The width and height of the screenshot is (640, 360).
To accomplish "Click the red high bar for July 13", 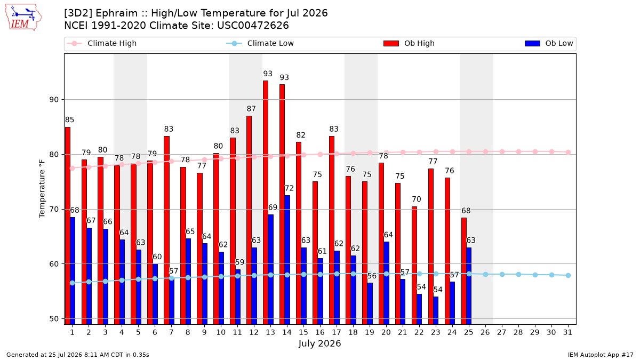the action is tap(266, 203).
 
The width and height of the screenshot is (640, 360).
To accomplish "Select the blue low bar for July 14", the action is tap(287, 260).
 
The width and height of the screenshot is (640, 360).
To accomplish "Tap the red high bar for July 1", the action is tap(67, 226).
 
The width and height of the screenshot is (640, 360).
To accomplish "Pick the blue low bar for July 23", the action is tap(436, 310).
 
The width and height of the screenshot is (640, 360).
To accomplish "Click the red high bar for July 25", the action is tap(463, 271).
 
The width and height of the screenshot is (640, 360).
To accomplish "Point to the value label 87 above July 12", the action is tap(251, 109).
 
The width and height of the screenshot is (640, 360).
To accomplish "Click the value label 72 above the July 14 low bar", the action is tap(289, 188).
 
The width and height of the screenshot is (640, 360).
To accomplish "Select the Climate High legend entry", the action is tap(101, 43).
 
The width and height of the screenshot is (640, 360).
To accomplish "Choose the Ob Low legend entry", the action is tap(549, 43).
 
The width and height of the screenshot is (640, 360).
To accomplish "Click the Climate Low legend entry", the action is tap(260, 43).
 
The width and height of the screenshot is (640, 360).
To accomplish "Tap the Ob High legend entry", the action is tap(409, 43).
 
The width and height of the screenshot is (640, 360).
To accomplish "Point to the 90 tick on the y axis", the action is tap(53, 100).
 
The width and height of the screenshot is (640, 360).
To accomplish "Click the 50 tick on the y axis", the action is tap(53, 319).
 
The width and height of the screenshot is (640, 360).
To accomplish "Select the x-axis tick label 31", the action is tap(567, 333).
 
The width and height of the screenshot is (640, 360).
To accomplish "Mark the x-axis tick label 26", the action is tap(485, 333).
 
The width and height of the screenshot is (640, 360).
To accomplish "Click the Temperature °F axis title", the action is tap(42, 189).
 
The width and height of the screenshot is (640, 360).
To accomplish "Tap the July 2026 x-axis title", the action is tap(319, 343).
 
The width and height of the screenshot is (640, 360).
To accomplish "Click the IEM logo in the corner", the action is tap(23, 18).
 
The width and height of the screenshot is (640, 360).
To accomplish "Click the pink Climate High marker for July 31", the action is tap(569, 153).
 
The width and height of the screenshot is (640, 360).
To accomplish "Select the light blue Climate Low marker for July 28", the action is tap(518, 274).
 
